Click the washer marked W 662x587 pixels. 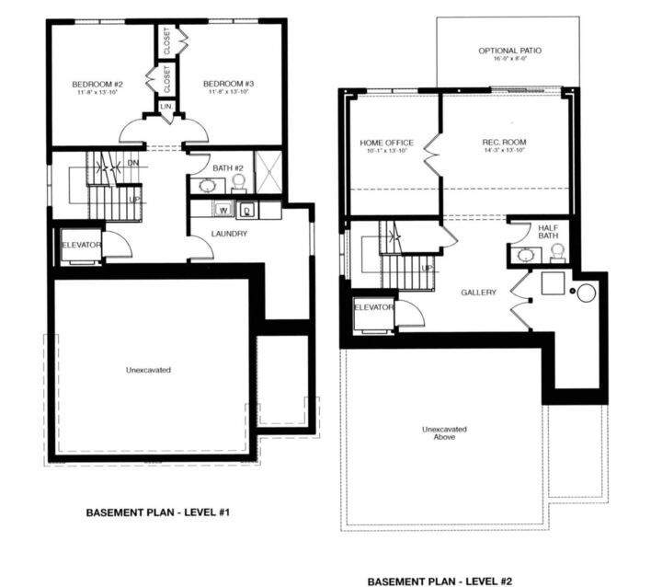click(x=223, y=211)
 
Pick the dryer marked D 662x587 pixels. click(x=247, y=211)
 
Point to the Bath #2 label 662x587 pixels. click(x=228, y=168)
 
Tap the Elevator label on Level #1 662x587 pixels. click(x=81, y=244)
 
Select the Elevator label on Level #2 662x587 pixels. click(x=373, y=306)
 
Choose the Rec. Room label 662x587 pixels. click(x=502, y=142)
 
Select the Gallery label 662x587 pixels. click(x=478, y=293)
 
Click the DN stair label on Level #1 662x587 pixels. click(x=132, y=163)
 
